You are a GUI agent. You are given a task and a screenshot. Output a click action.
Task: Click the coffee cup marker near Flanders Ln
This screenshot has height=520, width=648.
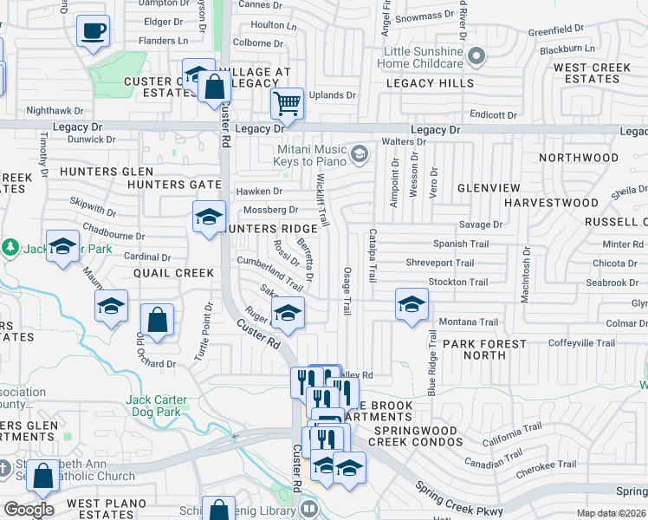point(93,32)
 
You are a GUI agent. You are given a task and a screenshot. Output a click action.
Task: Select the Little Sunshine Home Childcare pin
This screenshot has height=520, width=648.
point(476,57)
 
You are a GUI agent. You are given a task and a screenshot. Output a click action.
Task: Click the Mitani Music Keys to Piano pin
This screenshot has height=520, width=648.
point(360,155)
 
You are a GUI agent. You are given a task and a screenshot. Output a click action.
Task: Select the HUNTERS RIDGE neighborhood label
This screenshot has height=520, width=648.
point(270,229)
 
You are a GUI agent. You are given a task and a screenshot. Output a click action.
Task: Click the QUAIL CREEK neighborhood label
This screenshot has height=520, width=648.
point(173,273)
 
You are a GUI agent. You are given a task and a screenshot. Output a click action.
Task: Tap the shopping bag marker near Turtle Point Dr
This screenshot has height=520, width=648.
point(157,320)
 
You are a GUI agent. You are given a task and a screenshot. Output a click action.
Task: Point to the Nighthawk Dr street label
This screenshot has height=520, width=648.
point(55,111)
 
